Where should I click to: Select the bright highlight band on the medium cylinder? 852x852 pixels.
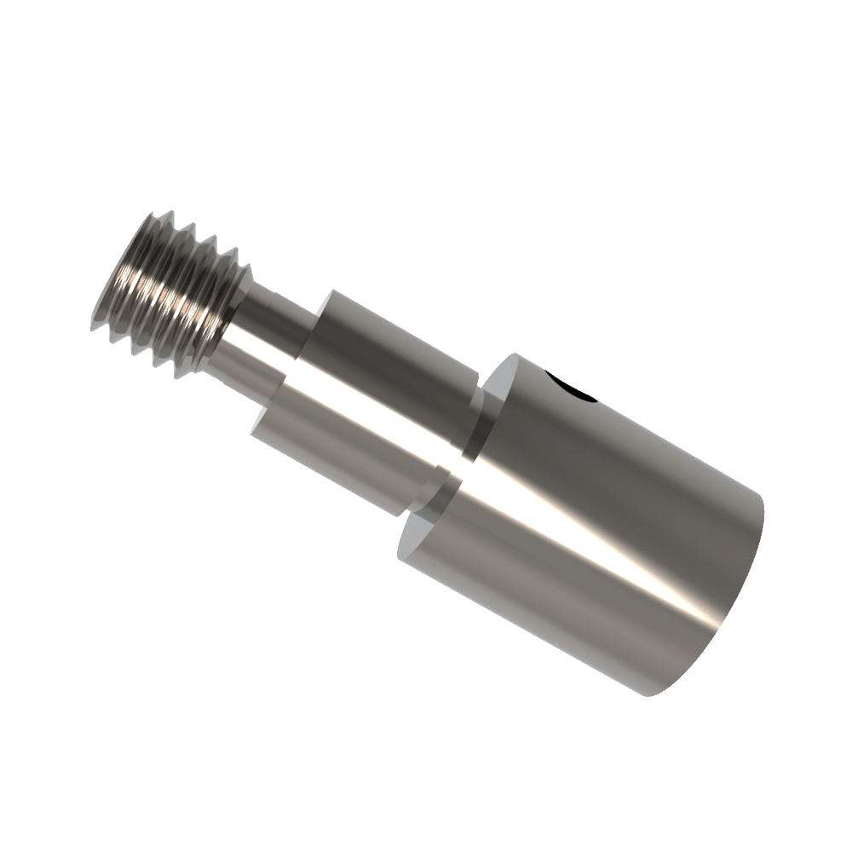coord(358,409)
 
